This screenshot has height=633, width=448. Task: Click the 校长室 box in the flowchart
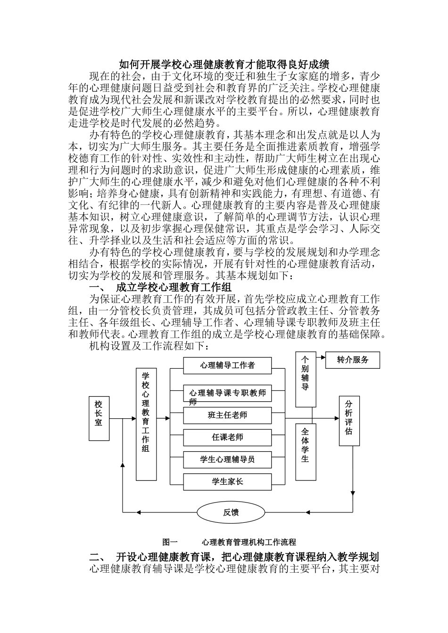99,418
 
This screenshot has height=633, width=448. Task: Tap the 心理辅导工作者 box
227,365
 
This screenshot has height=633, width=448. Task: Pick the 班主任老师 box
227,415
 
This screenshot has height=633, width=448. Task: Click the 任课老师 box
227,437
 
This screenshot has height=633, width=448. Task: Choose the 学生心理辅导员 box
227,459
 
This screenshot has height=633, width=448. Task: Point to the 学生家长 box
227,481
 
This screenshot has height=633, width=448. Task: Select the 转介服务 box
352,360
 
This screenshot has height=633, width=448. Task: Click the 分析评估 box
348,420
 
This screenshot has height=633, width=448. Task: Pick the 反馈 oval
231,512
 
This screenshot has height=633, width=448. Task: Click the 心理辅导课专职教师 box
227,393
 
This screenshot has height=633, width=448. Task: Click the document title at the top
224,64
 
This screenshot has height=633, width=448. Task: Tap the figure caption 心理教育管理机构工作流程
249,542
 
